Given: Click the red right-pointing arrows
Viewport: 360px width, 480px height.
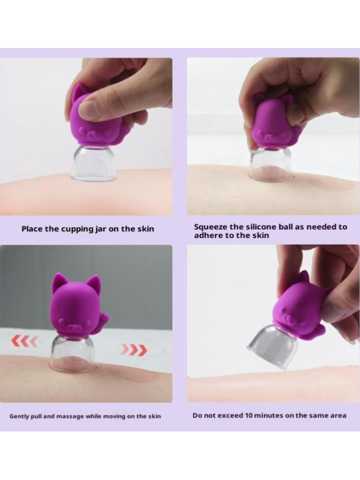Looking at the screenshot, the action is (134, 350).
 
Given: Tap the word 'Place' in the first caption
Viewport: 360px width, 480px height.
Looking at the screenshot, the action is (32, 229).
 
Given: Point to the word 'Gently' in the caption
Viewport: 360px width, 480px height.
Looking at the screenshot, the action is (19, 416).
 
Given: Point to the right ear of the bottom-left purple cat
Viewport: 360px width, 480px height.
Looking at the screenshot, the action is (94, 283).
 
